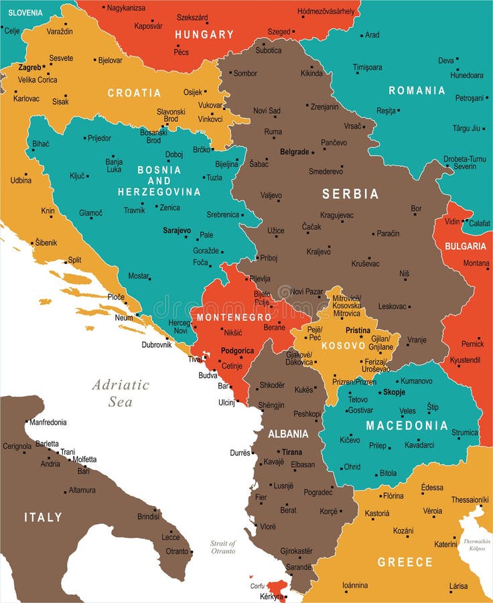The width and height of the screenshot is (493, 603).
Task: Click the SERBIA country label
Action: click(x=350, y=194)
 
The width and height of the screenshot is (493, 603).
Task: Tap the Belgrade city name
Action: click(x=294, y=152)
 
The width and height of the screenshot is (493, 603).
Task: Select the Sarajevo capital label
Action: click(x=177, y=230)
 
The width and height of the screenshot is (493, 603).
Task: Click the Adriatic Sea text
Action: click(x=121, y=393)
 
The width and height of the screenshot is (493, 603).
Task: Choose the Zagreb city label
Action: click(x=29, y=68)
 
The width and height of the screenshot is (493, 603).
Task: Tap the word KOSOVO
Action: click(x=344, y=346)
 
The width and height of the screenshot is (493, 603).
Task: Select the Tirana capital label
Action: click(x=292, y=452)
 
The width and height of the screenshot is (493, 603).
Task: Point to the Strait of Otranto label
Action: click(x=223, y=547)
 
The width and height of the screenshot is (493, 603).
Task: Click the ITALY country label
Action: click(x=43, y=517)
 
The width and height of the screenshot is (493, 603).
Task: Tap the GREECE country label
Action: click(x=405, y=562)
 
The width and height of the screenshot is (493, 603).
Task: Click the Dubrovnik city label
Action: click(x=157, y=345)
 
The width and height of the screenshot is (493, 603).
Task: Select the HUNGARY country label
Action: click(x=204, y=34)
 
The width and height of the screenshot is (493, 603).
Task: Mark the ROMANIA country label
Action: click(x=417, y=90)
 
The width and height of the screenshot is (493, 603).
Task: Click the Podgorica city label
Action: click(x=237, y=351)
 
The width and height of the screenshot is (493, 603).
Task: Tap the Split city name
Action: click(x=74, y=260)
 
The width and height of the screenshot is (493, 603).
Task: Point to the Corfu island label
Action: click(x=258, y=586)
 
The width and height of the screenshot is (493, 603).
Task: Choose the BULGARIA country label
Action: click(x=465, y=247)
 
